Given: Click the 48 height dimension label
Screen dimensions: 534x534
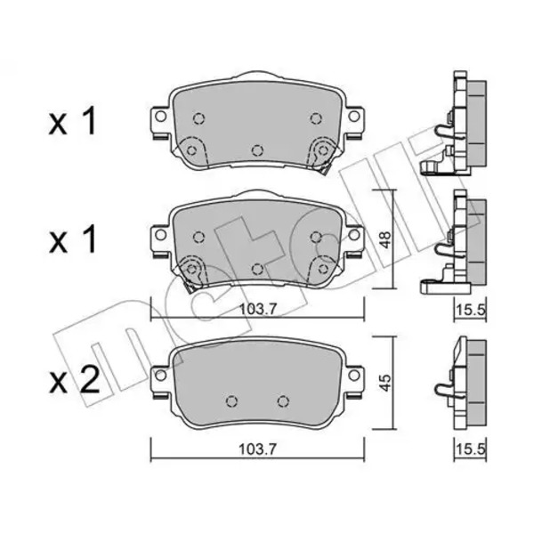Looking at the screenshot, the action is click(x=385, y=239).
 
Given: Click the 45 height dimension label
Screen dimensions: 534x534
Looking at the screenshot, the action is click(x=385, y=383).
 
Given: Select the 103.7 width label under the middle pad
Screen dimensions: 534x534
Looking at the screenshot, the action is click(x=257, y=309).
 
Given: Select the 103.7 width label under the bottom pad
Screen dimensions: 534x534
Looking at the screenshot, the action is click(x=257, y=449).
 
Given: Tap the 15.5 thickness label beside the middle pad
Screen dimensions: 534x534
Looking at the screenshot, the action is click(x=470, y=310).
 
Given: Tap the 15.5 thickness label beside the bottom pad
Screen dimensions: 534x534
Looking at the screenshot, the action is click(x=470, y=449).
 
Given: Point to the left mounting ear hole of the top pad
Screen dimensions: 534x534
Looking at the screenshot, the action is click(x=160, y=117).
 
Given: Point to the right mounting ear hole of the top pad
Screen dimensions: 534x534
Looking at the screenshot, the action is click(x=354, y=117).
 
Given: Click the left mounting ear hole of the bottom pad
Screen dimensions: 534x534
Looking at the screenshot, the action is click(x=160, y=375).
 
